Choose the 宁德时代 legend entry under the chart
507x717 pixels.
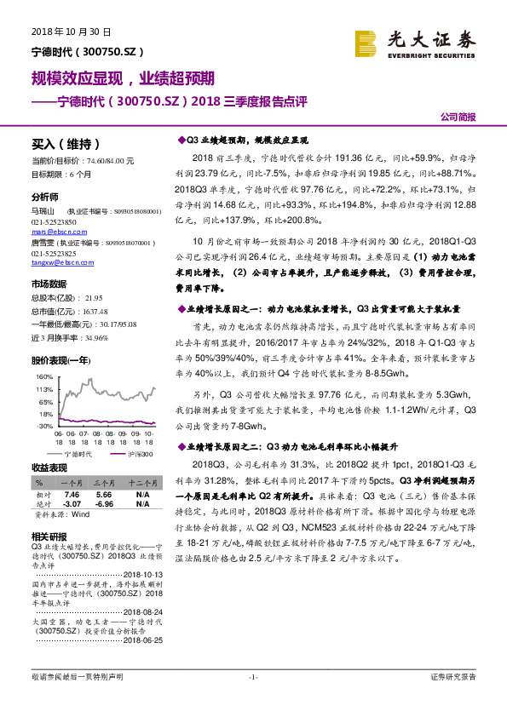(x=79, y=455)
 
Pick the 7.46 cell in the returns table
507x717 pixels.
(x=72, y=494)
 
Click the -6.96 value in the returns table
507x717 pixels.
(x=104, y=502)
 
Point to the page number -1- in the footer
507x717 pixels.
(x=253, y=677)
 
